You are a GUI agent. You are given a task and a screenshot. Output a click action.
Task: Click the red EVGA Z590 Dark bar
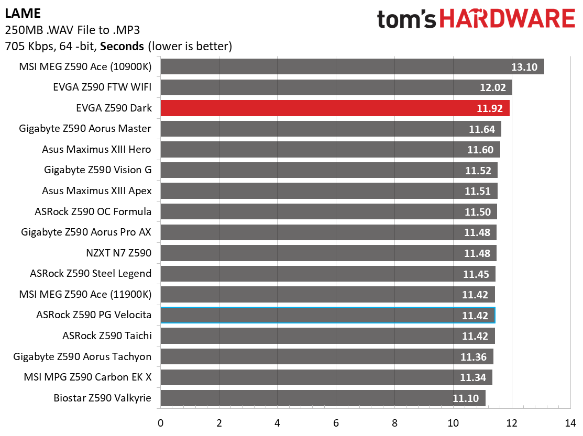click(x=335, y=108)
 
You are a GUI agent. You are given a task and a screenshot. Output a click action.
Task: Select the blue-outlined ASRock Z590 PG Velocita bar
click(x=328, y=315)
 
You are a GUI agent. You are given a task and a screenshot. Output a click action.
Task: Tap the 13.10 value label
click(x=524, y=67)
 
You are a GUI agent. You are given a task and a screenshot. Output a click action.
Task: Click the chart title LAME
click(x=23, y=14)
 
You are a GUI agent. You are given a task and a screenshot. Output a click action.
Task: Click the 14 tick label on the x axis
click(x=570, y=423)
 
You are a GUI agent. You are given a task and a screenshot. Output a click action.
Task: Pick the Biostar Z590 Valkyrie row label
click(x=102, y=398)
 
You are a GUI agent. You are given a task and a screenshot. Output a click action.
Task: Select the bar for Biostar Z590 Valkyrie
click(x=323, y=398)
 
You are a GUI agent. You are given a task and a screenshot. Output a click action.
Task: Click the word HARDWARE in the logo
click(x=508, y=18)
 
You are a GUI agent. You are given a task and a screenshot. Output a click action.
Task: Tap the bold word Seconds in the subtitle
click(x=122, y=47)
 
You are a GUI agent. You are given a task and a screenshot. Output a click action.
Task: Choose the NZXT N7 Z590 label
click(x=118, y=253)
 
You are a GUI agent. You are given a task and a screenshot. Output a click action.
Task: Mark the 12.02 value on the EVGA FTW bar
click(x=493, y=87)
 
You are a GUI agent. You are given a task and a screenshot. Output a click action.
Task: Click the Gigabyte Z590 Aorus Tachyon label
click(x=82, y=356)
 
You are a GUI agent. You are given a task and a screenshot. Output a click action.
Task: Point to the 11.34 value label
click(x=473, y=378)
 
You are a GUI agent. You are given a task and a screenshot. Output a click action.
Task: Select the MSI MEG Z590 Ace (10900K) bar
click(x=353, y=66)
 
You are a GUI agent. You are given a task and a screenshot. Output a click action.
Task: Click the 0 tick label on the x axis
click(x=161, y=423)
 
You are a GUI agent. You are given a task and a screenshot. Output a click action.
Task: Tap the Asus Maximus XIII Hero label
click(x=97, y=149)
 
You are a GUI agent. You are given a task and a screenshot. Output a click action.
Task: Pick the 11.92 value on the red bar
click(x=490, y=108)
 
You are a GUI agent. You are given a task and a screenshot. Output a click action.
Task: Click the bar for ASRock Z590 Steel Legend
click(x=328, y=274)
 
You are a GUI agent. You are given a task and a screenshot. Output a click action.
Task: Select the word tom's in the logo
click(x=406, y=19)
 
